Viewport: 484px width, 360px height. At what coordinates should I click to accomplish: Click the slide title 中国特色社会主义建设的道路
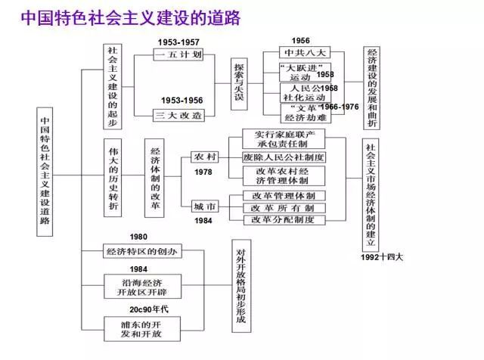pyautogui.click(x=129, y=17)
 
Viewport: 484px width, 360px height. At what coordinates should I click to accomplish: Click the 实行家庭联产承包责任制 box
pyautogui.click(x=284, y=138)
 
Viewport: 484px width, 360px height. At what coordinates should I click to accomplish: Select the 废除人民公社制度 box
pyautogui.click(x=284, y=157)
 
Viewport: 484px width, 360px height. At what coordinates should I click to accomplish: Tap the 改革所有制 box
pyautogui.click(x=284, y=207)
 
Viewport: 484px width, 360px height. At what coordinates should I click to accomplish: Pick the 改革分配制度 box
pyautogui.click(x=284, y=220)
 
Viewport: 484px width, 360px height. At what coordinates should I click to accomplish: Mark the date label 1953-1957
pyautogui.click(x=178, y=42)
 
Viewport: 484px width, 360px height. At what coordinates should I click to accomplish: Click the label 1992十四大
pyautogui.click(x=382, y=256)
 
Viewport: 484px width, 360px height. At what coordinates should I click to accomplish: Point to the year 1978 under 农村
pyautogui.click(x=203, y=172)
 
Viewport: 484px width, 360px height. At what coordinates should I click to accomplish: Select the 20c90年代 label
pyautogui.click(x=149, y=309)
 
